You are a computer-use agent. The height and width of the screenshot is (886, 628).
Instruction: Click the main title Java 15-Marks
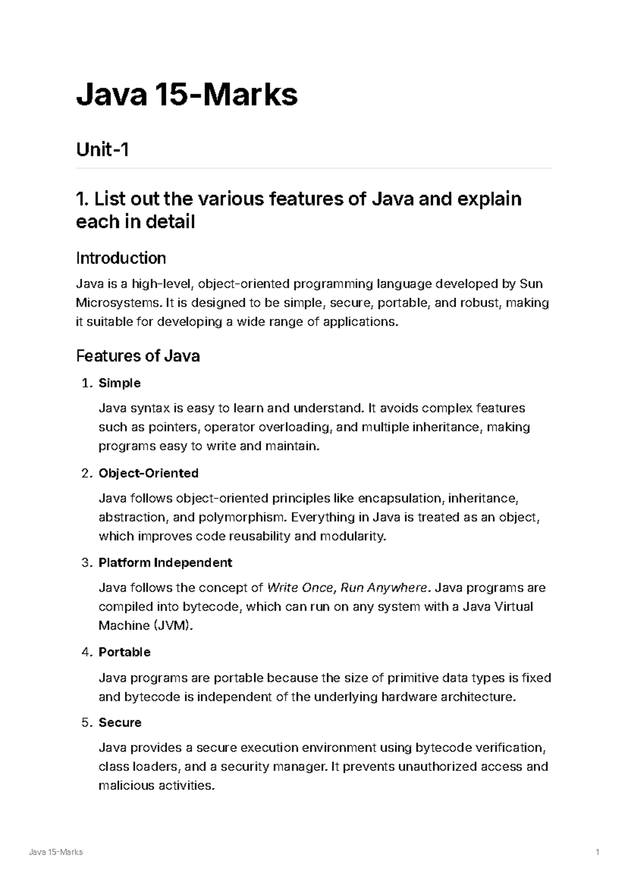click(187, 95)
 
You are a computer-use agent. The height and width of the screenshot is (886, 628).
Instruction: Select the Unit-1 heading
click(103, 150)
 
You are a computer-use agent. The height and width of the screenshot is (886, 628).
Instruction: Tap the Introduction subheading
click(121, 258)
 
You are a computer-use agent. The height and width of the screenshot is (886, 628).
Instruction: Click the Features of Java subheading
click(138, 356)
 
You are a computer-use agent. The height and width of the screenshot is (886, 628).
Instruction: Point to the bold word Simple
click(119, 383)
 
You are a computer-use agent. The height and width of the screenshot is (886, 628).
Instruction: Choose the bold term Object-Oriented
click(149, 473)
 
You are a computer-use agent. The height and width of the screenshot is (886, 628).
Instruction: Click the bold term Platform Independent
click(165, 563)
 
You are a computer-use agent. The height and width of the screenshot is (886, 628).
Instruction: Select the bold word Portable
click(125, 652)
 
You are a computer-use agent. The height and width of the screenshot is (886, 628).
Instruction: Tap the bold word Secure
click(120, 723)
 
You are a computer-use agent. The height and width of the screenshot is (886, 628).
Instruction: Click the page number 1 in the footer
click(597, 853)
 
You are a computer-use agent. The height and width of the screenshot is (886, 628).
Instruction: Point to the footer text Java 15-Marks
click(56, 853)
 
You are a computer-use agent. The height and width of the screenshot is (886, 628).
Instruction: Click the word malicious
click(126, 786)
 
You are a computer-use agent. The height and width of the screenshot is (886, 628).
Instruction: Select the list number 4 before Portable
click(86, 652)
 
